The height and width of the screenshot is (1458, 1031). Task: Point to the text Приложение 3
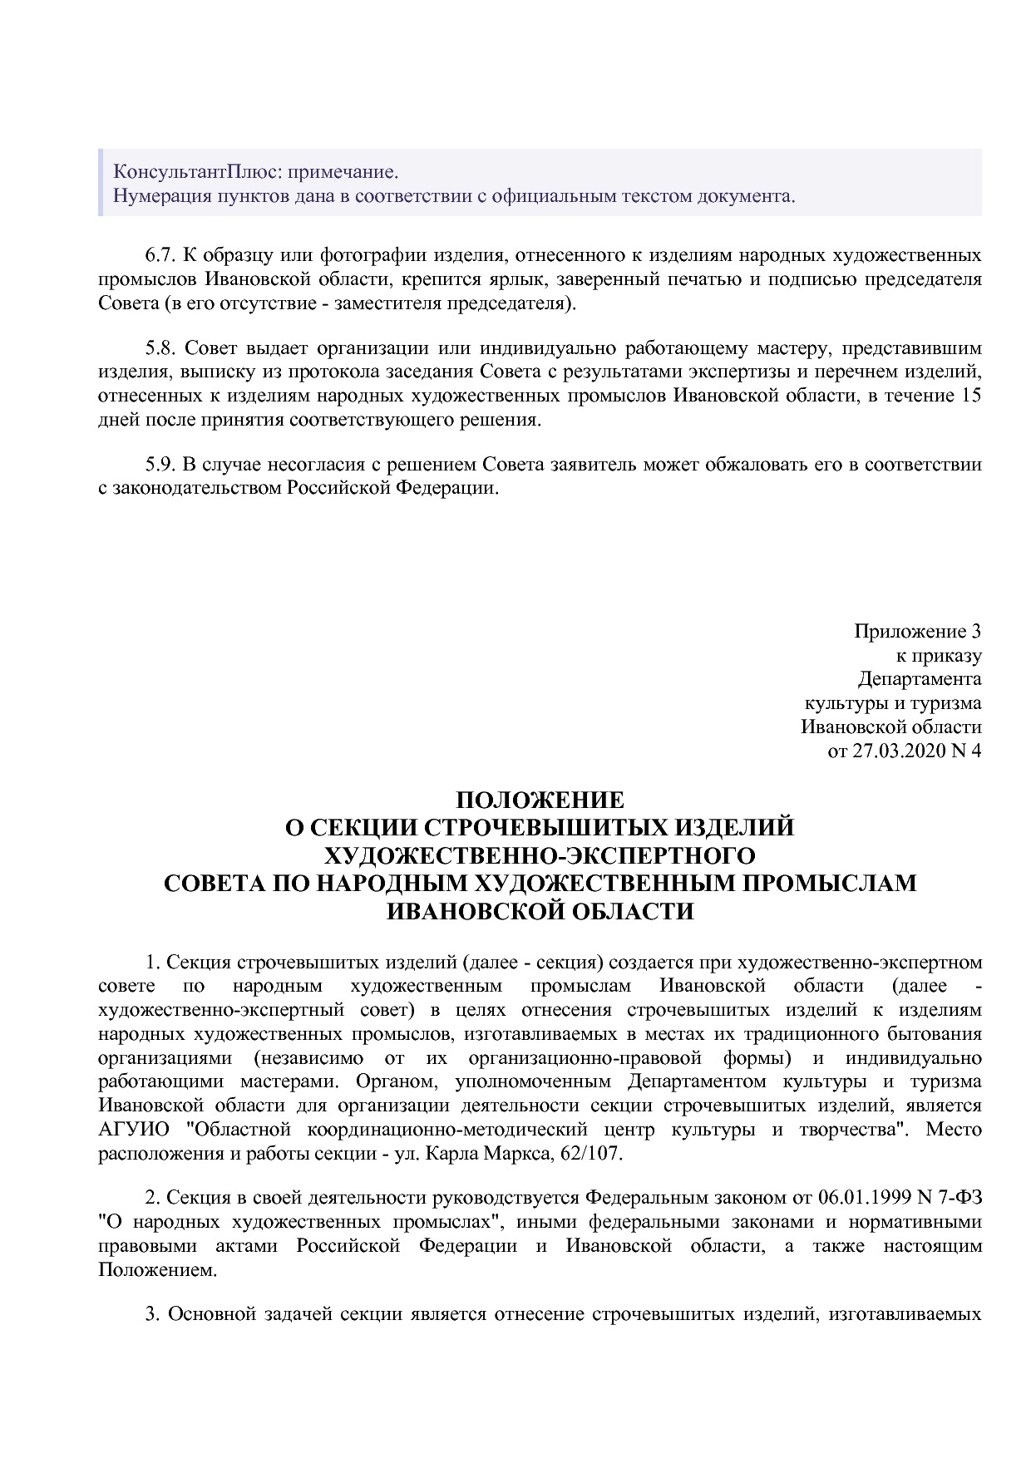point(917,631)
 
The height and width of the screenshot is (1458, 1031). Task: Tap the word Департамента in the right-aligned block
point(920,679)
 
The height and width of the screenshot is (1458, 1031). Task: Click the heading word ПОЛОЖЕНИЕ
point(540,800)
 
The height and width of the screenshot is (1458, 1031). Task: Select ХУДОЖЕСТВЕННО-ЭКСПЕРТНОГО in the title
point(540,855)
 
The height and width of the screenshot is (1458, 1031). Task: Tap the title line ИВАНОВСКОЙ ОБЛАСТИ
point(540,911)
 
